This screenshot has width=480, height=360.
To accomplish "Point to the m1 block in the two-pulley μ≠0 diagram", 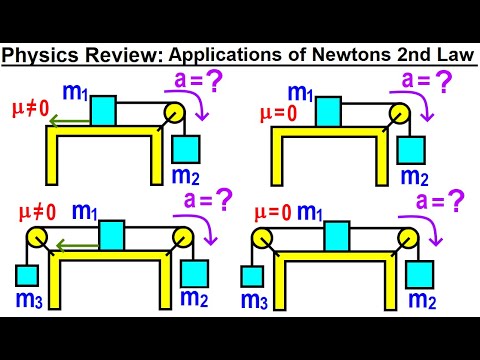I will (113, 237).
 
